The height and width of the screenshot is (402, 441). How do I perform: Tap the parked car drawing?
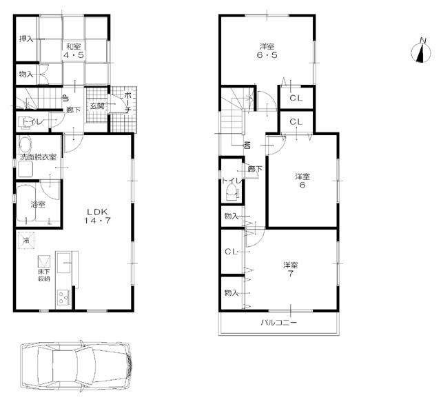pos(76,366)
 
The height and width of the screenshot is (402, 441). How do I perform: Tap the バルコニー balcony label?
pos(278,322)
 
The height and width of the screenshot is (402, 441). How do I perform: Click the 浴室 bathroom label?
pos(37,205)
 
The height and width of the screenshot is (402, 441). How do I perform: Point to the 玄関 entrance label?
pos(96,106)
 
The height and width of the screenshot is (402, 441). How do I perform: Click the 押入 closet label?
pos(27,39)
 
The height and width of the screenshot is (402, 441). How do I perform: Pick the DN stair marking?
pos(246,144)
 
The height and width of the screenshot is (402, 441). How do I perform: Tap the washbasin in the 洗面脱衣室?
pos(26,146)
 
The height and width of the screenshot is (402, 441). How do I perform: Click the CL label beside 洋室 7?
pos(230,251)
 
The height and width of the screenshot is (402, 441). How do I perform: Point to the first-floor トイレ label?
pos(30,123)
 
